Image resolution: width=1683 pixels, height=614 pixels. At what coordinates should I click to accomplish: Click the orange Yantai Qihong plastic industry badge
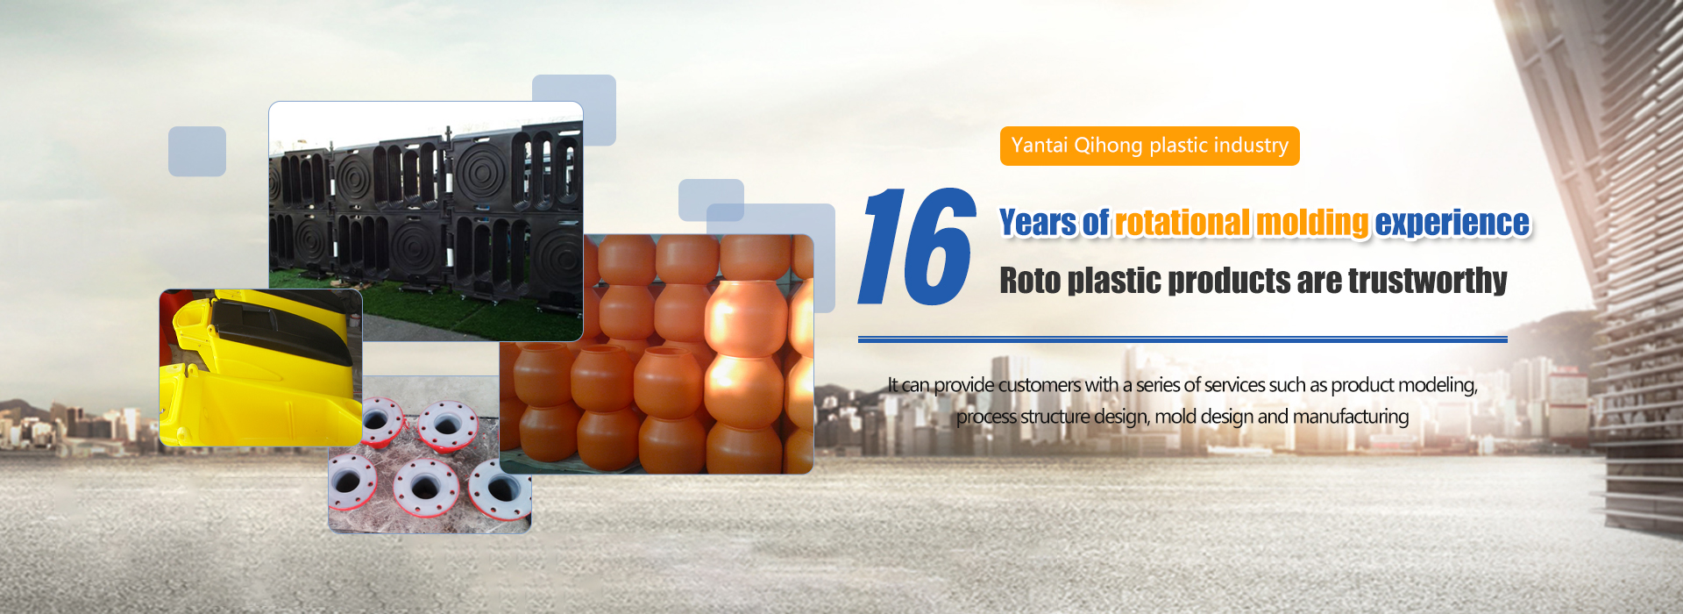[x=1149, y=146]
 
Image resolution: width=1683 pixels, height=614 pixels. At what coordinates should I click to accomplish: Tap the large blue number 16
[x=917, y=247]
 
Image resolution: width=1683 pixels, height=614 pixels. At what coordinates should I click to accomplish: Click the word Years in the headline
[x=1038, y=223]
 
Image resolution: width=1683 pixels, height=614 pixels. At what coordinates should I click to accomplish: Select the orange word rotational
[x=1182, y=223]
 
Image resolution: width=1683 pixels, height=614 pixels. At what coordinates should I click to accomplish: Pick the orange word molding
[x=1312, y=224]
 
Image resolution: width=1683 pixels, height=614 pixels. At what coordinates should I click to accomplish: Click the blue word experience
[x=1452, y=224]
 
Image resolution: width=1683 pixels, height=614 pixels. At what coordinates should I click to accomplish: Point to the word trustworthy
[x=1428, y=281]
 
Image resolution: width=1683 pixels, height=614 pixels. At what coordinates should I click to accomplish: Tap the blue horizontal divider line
[x=1182, y=339]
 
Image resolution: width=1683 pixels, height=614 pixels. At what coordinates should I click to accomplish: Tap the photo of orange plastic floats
[x=657, y=354]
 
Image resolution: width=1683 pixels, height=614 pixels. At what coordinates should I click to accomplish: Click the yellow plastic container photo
[x=260, y=368]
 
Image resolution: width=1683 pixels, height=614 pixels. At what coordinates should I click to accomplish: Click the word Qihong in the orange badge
[x=1108, y=146]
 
